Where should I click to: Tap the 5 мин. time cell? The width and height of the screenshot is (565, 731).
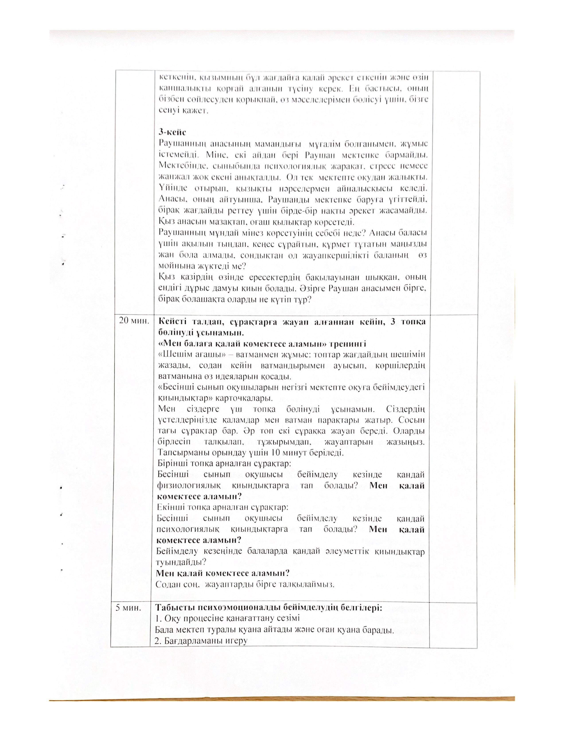[x=128, y=607]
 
